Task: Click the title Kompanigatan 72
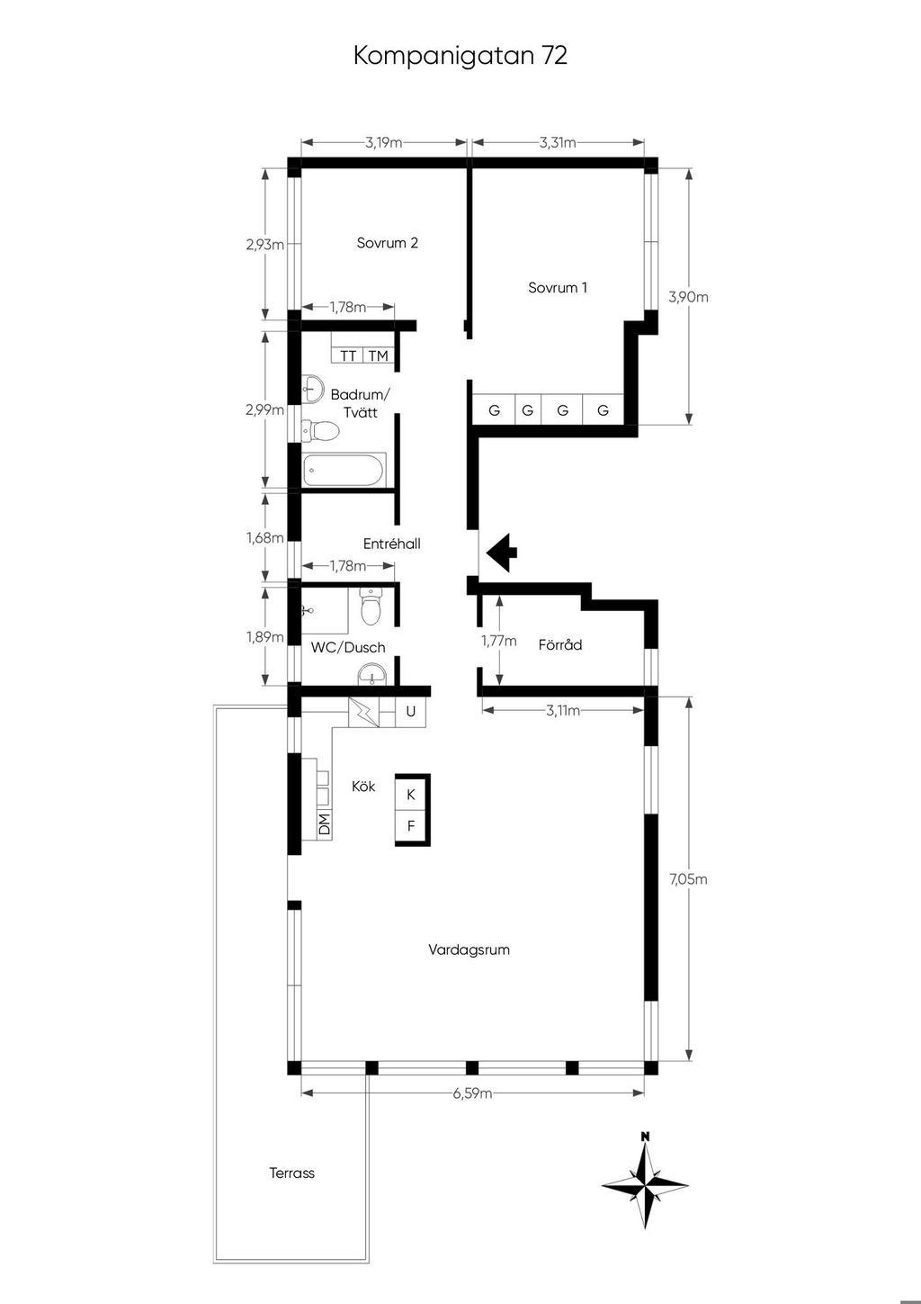pyautogui.click(x=460, y=56)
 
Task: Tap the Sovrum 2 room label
pyautogui.click(x=388, y=243)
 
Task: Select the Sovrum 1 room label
pyautogui.click(x=558, y=287)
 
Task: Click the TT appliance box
pyautogui.click(x=348, y=355)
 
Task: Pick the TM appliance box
pyautogui.click(x=378, y=355)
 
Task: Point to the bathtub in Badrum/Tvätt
pyautogui.click(x=344, y=470)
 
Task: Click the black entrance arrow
pyautogui.click(x=502, y=553)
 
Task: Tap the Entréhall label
pyautogui.click(x=391, y=544)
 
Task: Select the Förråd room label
pyautogui.click(x=560, y=644)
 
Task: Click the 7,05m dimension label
pyautogui.click(x=688, y=879)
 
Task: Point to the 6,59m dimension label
pyautogui.click(x=472, y=1093)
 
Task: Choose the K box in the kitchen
pyautogui.click(x=411, y=795)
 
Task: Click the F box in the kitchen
pyautogui.click(x=411, y=826)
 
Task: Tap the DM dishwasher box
pyautogui.click(x=324, y=824)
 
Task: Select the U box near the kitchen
pyautogui.click(x=411, y=711)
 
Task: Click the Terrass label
pyautogui.click(x=292, y=1173)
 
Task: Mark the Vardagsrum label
pyautogui.click(x=469, y=949)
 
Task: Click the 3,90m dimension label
pyautogui.click(x=688, y=297)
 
